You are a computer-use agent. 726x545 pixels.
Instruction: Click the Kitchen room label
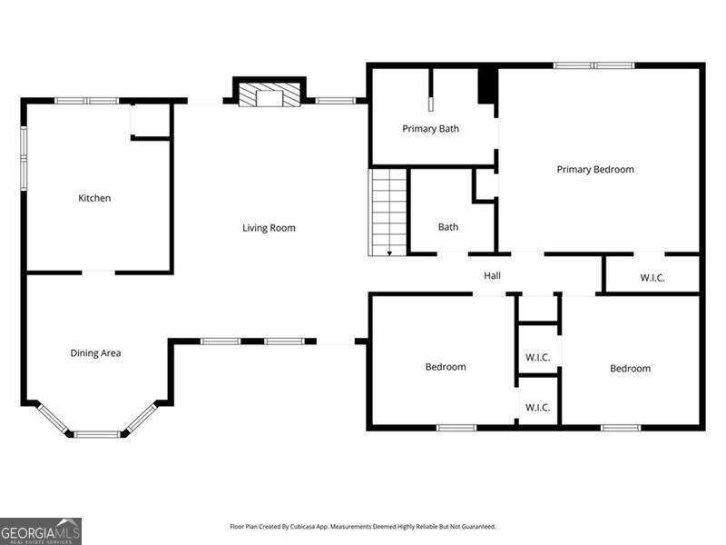(94, 198)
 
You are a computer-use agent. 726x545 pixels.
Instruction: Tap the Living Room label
(269, 228)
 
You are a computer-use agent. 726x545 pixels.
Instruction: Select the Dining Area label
(95, 353)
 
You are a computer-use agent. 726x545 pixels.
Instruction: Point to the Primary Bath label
(430, 129)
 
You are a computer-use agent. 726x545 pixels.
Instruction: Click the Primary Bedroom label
(595, 170)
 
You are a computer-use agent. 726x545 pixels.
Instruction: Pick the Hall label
(492, 275)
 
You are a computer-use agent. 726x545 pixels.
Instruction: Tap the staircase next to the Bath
(388, 213)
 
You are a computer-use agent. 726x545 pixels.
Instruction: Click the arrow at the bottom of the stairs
(390, 253)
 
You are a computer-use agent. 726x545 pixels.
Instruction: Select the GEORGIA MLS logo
(41, 531)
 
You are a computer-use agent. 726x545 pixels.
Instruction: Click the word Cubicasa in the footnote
(303, 527)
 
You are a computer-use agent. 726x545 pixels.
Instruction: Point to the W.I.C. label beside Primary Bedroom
(652, 278)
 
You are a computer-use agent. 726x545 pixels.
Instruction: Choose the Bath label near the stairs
(448, 227)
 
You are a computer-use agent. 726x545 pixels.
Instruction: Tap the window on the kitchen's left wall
(24, 158)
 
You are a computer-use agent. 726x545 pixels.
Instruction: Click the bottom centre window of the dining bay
(97, 434)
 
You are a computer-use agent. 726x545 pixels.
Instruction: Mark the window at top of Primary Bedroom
(594, 65)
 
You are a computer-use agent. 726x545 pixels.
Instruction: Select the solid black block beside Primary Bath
(487, 85)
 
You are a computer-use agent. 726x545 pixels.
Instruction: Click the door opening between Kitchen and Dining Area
(99, 272)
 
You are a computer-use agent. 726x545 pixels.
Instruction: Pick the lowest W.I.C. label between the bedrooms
(537, 408)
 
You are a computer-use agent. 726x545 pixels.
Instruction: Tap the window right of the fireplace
(336, 101)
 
